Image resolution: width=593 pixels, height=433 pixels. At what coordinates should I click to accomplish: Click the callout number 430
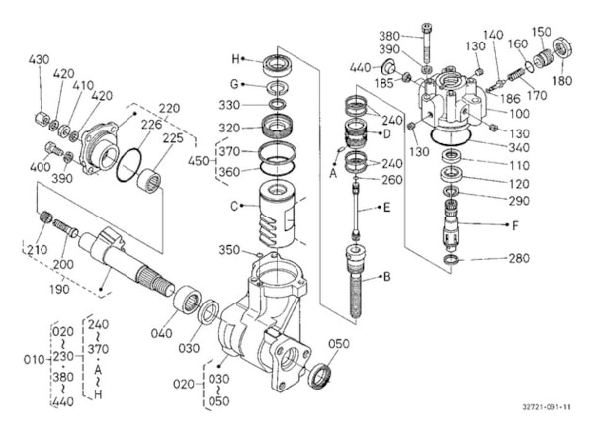click(x=39, y=60)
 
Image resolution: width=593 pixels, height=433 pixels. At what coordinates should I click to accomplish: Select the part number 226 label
click(x=150, y=124)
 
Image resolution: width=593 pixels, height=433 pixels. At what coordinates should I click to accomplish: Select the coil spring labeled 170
click(x=514, y=72)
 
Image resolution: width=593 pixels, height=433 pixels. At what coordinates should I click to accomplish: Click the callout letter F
click(x=516, y=225)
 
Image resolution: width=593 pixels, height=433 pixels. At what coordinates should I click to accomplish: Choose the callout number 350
click(x=228, y=250)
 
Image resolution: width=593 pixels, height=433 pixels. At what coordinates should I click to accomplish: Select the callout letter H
click(x=235, y=57)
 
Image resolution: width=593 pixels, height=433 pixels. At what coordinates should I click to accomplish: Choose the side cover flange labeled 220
click(x=99, y=141)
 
